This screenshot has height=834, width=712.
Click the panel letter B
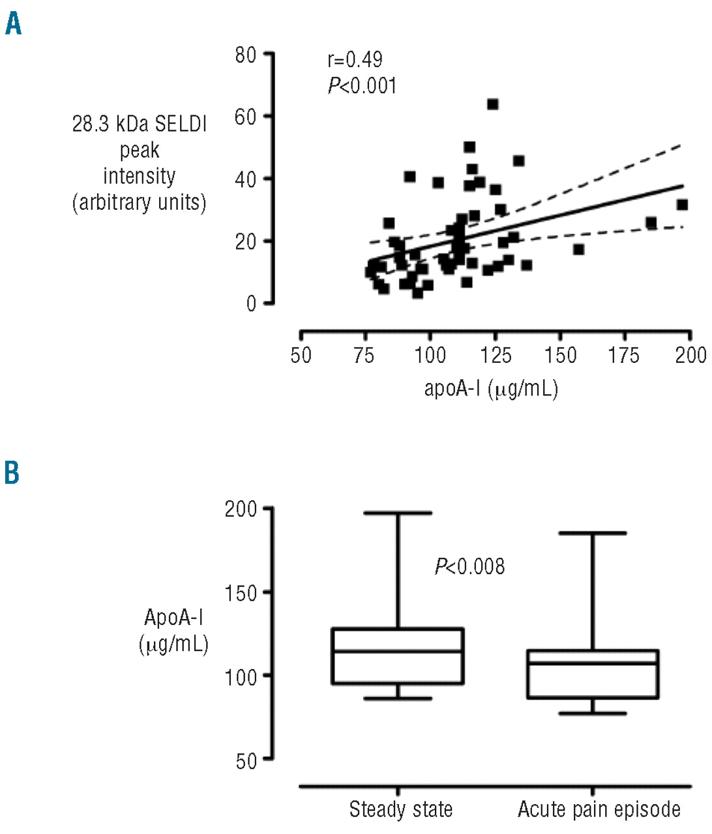pyautogui.click(x=12, y=473)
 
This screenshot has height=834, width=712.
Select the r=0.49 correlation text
pyautogui.click(x=355, y=60)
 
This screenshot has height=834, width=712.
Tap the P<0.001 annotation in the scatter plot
pyautogui.click(x=362, y=85)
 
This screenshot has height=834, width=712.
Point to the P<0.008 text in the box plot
pyautogui.click(x=469, y=567)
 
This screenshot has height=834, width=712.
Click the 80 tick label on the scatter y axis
pyautogui.click(x=246, y=55)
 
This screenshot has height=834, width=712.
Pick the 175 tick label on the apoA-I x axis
pyautogui.click(x=625, y=355)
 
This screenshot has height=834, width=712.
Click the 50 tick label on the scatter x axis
pyautogui.click(x=301, y=355)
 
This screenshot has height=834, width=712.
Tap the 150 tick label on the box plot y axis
pyautogui.click(x=241, y=593)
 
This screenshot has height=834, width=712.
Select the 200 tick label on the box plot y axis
pyautogui.click(x=241, y=509)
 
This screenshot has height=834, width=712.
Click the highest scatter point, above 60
pyautogui.click(x=493, y=104)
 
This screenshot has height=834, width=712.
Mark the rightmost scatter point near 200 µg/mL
pyautogui.click(x=683, y=205)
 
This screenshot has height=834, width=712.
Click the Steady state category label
pyautogui.click(x=400, y=809)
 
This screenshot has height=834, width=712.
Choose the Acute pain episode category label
pyautogui.click(x=599, y=809)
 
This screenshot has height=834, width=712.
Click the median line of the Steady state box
pyautogui.click(x=397, y=651)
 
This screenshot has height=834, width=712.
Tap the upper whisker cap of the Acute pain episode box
pyautogui.click(x=593, y=533)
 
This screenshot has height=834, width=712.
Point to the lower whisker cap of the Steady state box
pyautogui.click(x=397, y=698)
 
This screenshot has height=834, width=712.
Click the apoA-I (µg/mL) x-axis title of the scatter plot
pyautogui.click(x=491, y=389)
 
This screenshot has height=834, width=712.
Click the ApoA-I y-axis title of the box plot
pyautogui.click(x=173, y=618)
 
